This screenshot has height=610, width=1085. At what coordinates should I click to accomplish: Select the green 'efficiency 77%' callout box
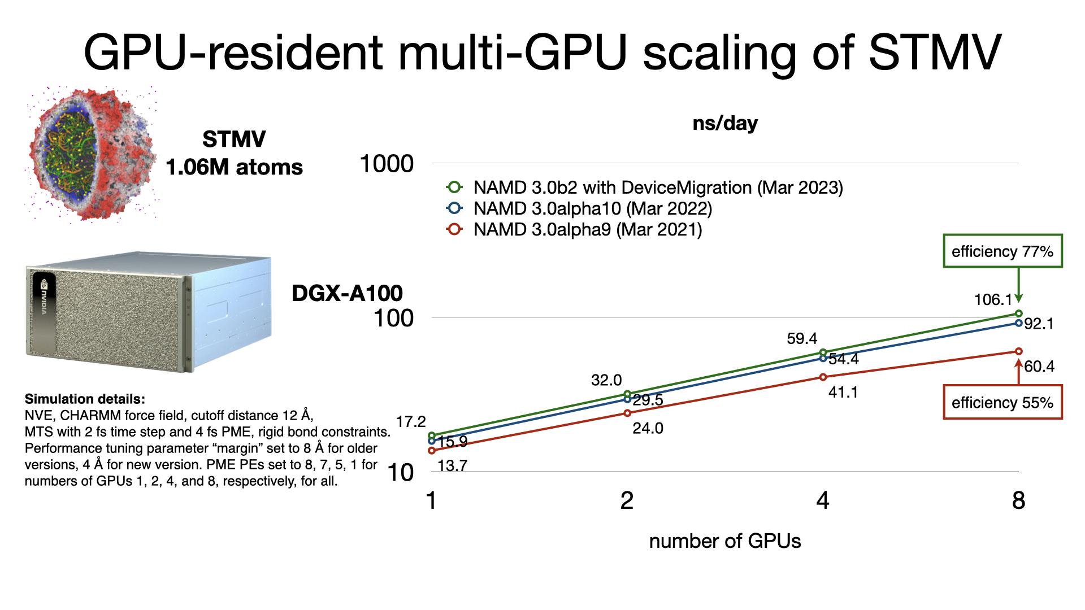pos(1002,251)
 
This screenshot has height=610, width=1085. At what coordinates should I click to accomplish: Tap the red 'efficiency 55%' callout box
pos(1002,403)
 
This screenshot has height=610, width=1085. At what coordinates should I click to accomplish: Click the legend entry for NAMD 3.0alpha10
pos(592,208)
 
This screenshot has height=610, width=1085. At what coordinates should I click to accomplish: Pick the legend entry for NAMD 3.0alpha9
pos(587,230)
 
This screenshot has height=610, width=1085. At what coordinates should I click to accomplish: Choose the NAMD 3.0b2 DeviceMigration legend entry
pos(658,188)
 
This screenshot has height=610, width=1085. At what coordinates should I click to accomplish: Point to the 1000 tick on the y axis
pos(387,164)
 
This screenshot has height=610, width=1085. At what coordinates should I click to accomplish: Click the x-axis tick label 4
pos(823,500)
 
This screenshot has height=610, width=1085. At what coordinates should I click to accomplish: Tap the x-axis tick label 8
pos(1018,500)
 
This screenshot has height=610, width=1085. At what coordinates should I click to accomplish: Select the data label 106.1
pos(993,299)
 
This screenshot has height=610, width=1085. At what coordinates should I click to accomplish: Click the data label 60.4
pos(1039,367)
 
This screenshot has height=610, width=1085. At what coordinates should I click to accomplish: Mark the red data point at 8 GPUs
pos(1018,351)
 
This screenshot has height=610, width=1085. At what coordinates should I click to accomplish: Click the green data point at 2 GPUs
pos(627,394)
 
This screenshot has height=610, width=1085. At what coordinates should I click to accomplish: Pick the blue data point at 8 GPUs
pos(1018,323)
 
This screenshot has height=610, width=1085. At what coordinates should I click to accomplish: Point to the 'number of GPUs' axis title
pos(725,541)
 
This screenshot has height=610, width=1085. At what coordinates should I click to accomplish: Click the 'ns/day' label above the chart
pos(725,123)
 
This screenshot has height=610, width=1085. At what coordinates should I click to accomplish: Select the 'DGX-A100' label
pos(347,293)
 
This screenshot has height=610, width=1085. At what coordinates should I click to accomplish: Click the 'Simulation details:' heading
pos(85,399)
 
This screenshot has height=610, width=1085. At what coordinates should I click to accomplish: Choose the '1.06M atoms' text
pos(234,167)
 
